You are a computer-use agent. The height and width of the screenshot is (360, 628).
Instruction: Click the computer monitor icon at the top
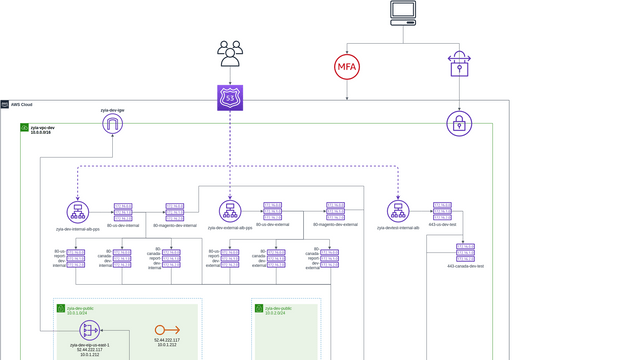(403, 13)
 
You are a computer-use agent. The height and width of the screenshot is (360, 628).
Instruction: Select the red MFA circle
(347, 67)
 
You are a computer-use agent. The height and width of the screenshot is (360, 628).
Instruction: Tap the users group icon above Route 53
(231, 54)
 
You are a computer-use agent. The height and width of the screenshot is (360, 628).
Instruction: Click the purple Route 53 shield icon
(231, 97)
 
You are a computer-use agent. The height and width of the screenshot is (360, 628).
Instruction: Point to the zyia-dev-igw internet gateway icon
(112, 124)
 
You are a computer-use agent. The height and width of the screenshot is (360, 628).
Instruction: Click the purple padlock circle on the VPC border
(459, 124)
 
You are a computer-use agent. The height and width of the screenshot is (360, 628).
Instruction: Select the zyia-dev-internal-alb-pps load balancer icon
(78, 212)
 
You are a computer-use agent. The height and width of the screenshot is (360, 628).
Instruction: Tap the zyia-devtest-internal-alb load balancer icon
(398, 212)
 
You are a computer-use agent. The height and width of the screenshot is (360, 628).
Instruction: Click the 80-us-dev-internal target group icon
(123, 211)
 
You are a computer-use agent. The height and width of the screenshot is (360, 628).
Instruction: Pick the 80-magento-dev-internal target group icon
(175, 211)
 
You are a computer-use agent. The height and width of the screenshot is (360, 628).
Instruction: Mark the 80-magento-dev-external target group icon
(335, 211)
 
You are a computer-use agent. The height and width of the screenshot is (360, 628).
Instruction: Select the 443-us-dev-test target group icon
(442, 211)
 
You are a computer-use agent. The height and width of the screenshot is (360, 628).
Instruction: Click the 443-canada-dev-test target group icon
(465, 253)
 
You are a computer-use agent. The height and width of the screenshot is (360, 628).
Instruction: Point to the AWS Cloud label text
(21, 104)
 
